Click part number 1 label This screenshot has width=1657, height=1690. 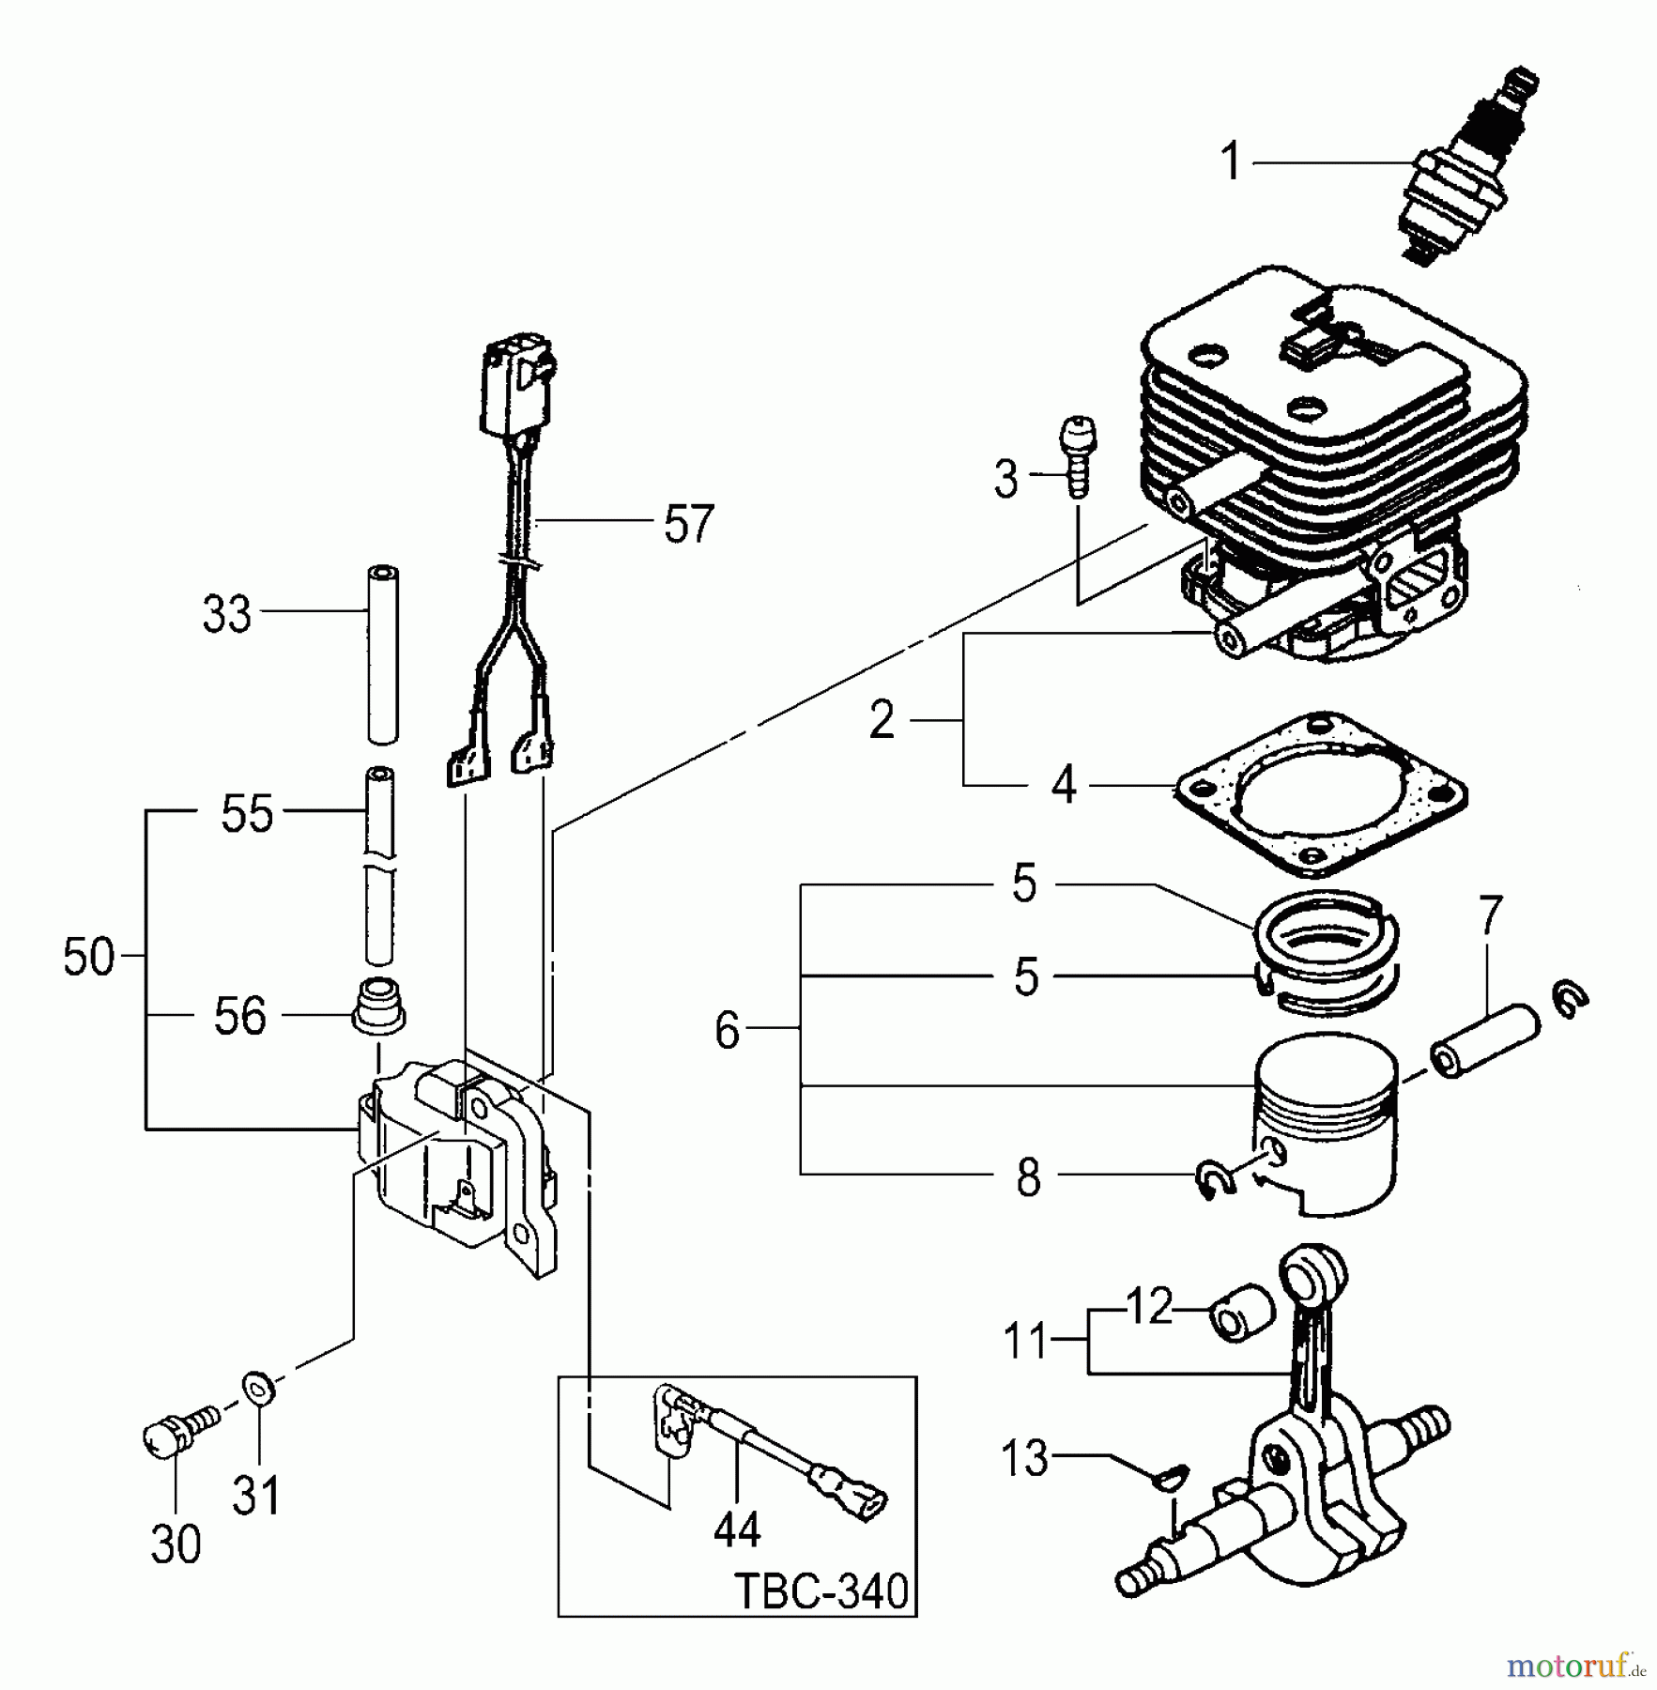click(1231, 162)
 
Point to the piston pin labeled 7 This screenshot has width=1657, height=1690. click(1483, 1041)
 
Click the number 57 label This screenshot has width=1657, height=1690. click(688, 525)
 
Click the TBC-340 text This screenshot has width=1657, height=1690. click(821, 1591)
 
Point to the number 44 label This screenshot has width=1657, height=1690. click(736, 1530)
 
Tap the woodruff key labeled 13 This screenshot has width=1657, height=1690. click(1173, 1478)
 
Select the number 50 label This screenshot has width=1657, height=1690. click(88, 959)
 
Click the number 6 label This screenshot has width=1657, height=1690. click(727, 1031)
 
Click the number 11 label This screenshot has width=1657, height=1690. click(1024, 1341)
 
